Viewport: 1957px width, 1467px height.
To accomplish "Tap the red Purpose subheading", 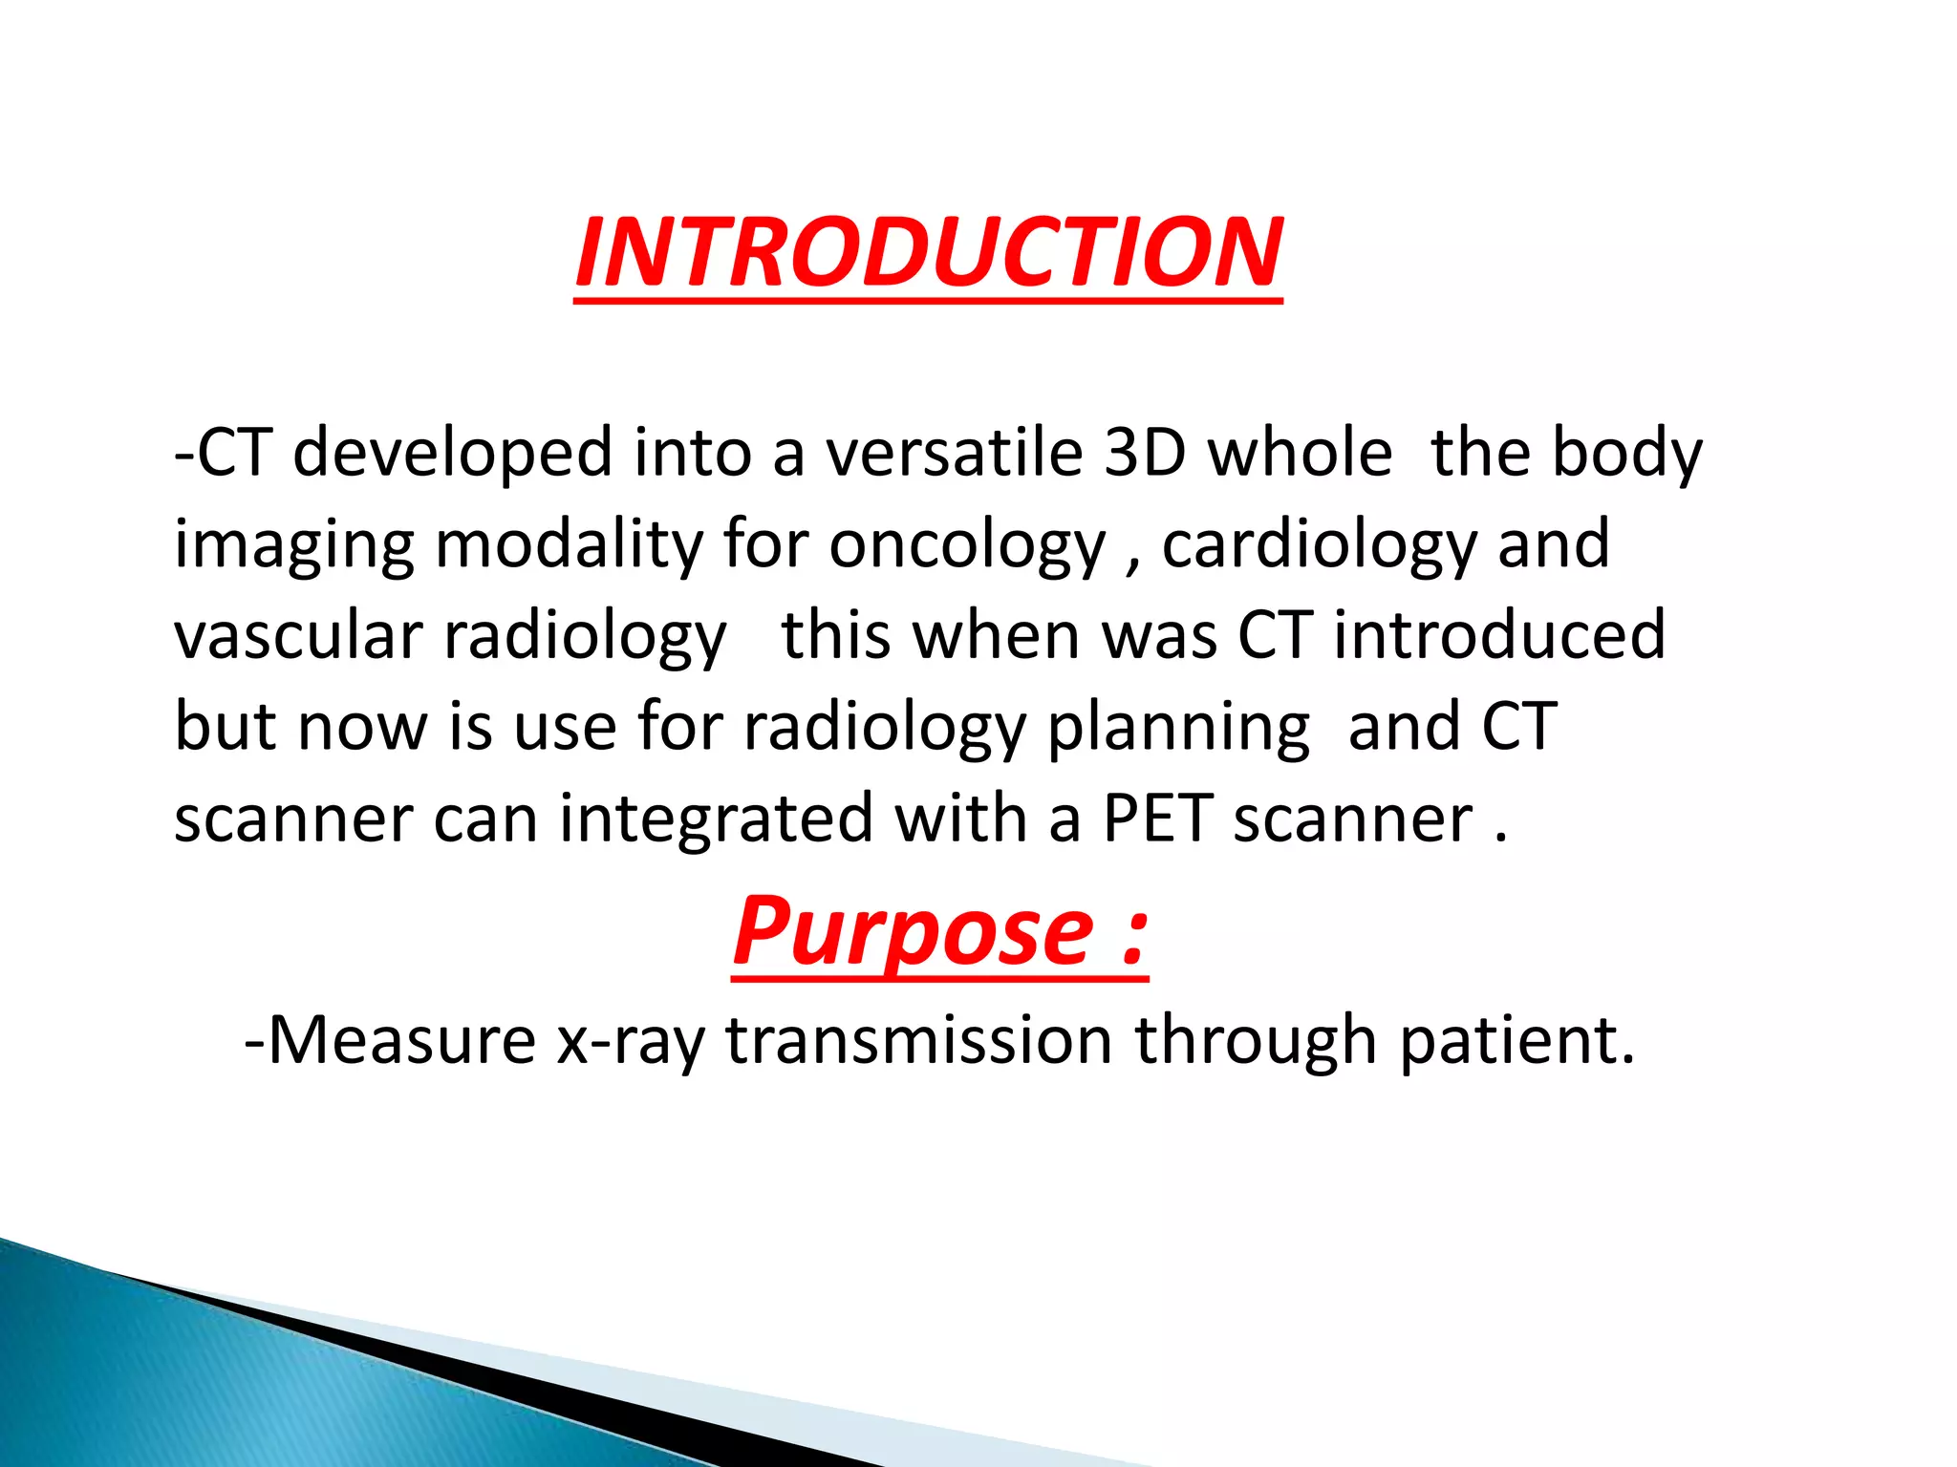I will (x=913, y=930).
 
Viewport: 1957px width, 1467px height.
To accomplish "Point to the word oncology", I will (x=966, y=545).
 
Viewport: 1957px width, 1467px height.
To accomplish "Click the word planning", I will (x=1178, y=728).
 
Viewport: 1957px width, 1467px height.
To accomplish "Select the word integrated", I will (x=716, y=819).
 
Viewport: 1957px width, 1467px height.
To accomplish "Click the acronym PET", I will (x=1157, y=819).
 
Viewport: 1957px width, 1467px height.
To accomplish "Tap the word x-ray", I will (x=631, y=1041).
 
